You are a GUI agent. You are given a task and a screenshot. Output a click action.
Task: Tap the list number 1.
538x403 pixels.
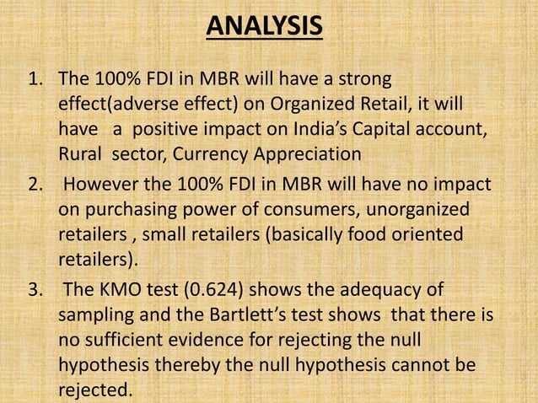pos(34,83)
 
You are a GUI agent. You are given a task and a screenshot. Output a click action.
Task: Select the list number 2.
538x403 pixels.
pos(34,185)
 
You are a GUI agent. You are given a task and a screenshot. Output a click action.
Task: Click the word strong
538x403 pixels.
pos(363,83)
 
